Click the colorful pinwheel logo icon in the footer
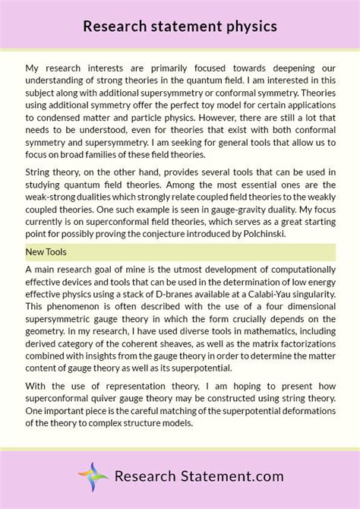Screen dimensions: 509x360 [93, 456]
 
